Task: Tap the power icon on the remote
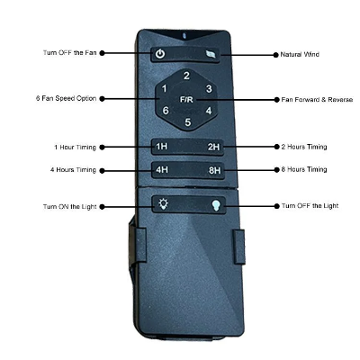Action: click(160, 54)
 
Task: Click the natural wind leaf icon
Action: click(212, 55)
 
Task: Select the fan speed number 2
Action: click(186, 76)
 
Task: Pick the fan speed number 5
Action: click(188, 122)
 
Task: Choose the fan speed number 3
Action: click(209, 88)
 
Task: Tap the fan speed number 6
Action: click(166, 111)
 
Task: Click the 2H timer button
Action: click(214, 147)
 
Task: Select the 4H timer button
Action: click(162, 170)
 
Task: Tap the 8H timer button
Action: click(215, 170)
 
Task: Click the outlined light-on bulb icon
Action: click(163, 204)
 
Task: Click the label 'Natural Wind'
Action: click(300, 55)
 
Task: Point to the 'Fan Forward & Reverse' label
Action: click(317, 100)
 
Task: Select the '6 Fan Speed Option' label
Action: click(66, 98)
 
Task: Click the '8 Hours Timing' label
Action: click(304, 169)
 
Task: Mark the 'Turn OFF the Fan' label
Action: click(70, 53)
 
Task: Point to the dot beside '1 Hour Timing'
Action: click(102, 148)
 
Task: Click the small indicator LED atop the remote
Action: click(184, 35)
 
